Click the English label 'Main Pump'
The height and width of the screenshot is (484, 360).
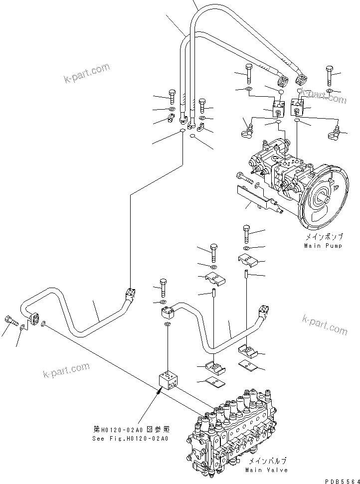pyautogui.click(x=323, y=246)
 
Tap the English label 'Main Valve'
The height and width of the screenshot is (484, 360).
pyautogui.click(x=266, y=470)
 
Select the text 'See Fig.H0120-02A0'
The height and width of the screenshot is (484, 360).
pyautogui.click(x=131, y=439)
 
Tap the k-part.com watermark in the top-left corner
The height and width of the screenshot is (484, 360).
pyautogui.click(x=86, y=72)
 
